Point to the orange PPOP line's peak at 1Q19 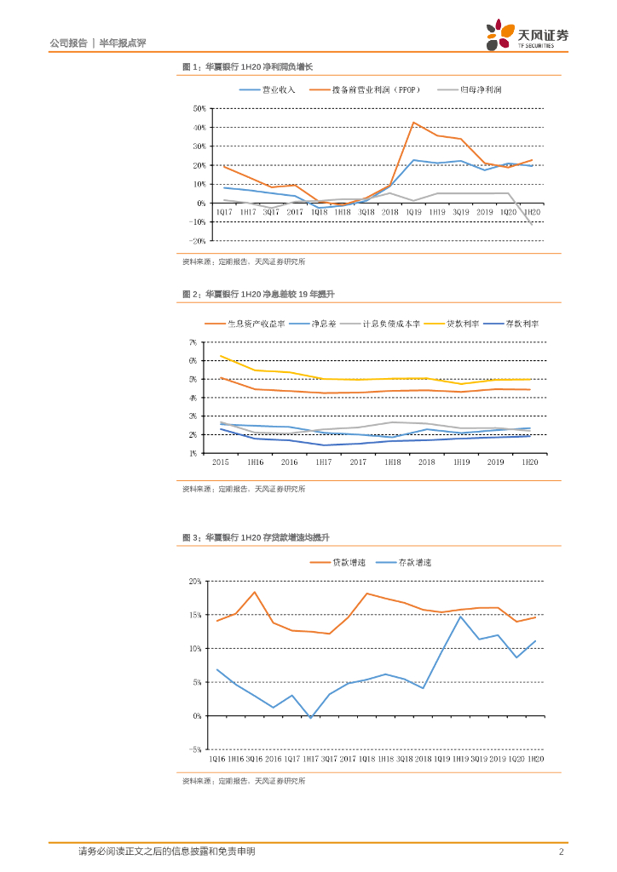click(x=414, y=123)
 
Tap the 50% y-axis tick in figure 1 click(x=200, y=109)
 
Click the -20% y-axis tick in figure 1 click(x=199, y=241)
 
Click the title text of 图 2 click(x=258, y=294)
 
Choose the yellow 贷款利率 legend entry click(x=458, y=324)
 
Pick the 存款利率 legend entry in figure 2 click(x=522, y=324)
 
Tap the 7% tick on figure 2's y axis click(x=193, y=342)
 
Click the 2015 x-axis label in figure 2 click(x=220, y=462)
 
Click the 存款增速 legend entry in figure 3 click(x=414, y=562)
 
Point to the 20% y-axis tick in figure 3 click(x=195, y=581)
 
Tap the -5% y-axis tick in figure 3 click(x=195, y=749)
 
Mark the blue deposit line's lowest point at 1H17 click(x=310, y=718)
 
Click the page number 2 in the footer click(x=561, y=852)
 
